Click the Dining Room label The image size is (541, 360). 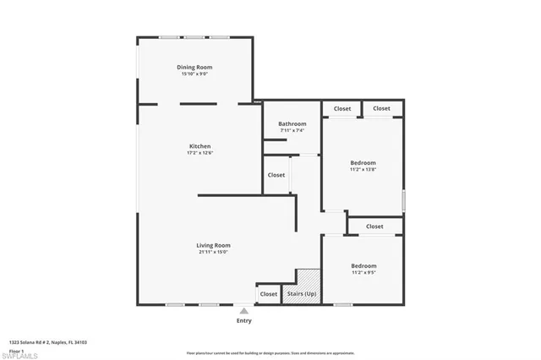click(194, 67)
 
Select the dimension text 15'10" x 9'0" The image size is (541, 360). click(194, 74)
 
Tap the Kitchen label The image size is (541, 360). click(199, 145)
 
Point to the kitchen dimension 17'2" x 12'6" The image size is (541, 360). click(199, 153)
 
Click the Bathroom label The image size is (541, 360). click(292, 123)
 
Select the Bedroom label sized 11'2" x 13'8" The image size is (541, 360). click(363, 162)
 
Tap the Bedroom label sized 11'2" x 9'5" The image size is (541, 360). click(363, 266)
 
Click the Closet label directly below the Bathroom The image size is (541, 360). click(276, 175)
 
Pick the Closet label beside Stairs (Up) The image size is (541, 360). click(268, 294)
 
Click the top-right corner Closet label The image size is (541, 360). click(381, 108)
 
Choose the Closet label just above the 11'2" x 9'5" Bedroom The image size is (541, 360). click(374, 226)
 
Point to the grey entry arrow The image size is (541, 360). click(243, 311)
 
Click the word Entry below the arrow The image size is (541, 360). click(243, 321)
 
